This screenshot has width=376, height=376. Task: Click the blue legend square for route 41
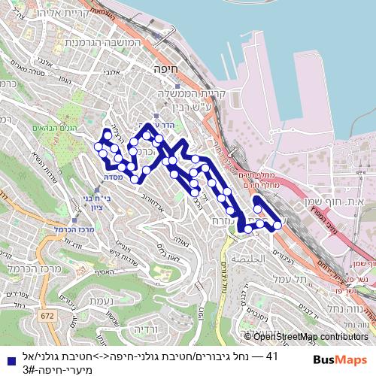pyautogui.click(x=7, y=356)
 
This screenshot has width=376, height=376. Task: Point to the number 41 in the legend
pyautogui.click(x=272, y=356)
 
